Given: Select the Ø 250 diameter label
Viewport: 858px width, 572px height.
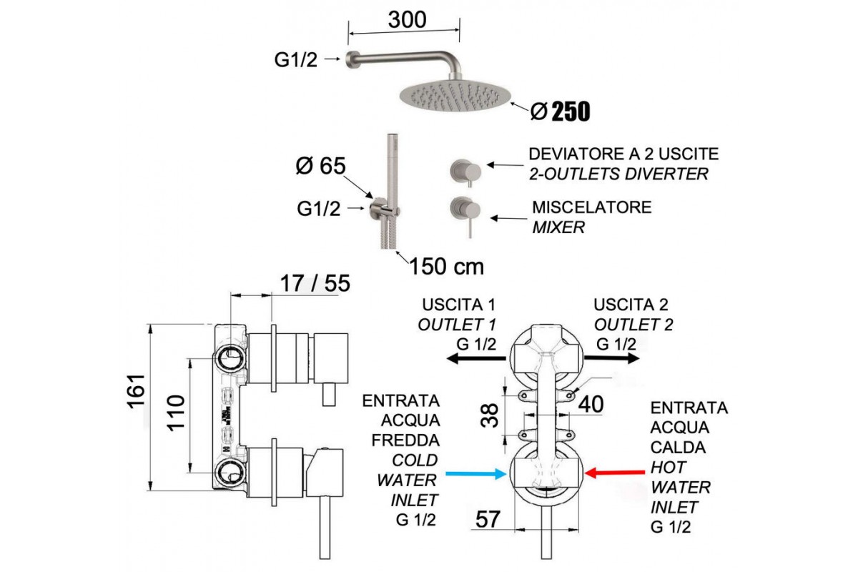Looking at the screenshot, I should pyautogui.click(x=561, y=112).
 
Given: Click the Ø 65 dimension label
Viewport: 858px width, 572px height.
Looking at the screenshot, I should pyautogui.click(x=321, y=166).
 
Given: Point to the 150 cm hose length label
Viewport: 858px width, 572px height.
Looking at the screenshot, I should pyautogui.click(x=446, y=267).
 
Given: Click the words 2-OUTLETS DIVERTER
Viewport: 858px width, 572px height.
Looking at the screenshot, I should pyautogui.click(x=618, y=174).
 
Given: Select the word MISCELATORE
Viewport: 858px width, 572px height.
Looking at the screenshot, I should pyautogui.click(x=592, y=207).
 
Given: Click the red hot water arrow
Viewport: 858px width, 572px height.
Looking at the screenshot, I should pyautogui.click(x=614, y=473).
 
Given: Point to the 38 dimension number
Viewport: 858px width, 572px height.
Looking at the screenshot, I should pyautogui.click(x=490, y=415).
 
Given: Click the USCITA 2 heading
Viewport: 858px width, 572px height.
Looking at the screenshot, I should pyautogui.click(x=625, y=305).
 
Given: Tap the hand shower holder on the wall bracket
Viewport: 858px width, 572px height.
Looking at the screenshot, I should pyautogui.click(x=383, y=209).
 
